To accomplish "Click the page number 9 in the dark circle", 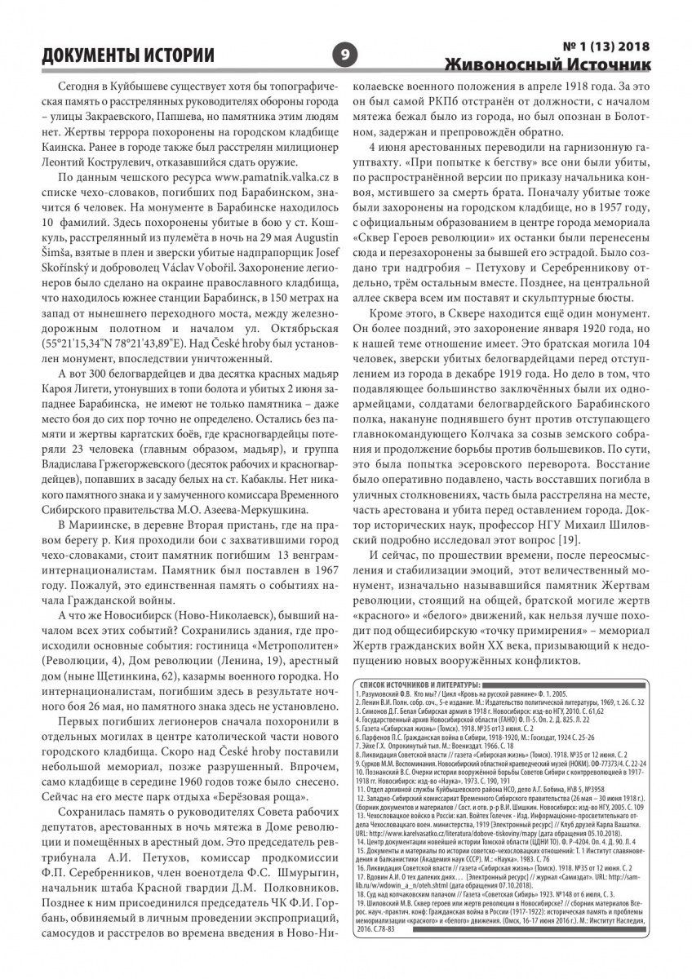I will pyautogui.click(x=345, y=55).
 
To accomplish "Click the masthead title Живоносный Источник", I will pyautogui.click(x=548, y=64).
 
